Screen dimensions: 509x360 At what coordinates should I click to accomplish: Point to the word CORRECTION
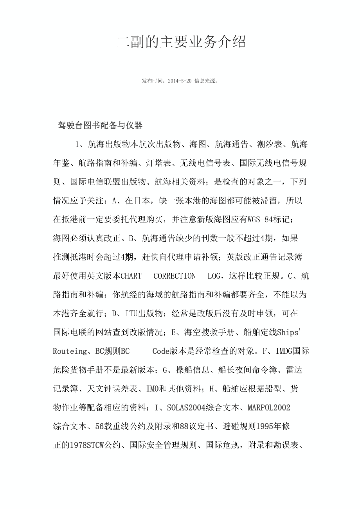[x=175, y=276]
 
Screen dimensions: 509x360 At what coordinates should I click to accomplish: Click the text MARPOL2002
[x=269, y=407]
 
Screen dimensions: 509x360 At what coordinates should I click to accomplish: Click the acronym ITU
[x=131, y=314]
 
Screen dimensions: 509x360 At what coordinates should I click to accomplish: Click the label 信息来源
[x=205, y=81]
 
